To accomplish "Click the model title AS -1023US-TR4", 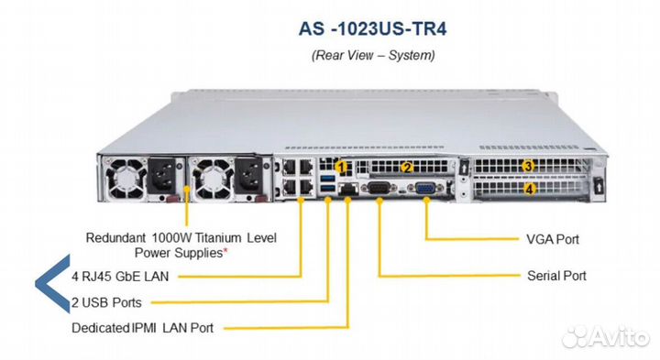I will (373, 27).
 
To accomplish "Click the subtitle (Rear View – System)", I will (373, 55).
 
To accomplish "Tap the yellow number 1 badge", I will (343, 168).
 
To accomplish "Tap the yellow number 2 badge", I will (409, 167).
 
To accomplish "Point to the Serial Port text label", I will (556, 276).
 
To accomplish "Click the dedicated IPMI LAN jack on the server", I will (348, 189).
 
